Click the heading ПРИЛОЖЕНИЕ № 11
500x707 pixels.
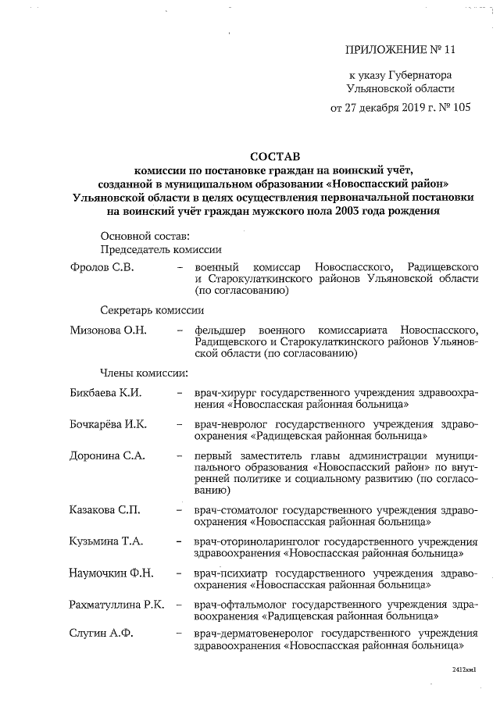[x=399, y=50]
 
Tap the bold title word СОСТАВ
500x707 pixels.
[x=274, y=157]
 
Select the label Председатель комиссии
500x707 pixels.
[x=161, y=249]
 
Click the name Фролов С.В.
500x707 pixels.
[x=102, y=268]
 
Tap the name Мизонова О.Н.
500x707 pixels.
[x=109, y=330]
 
